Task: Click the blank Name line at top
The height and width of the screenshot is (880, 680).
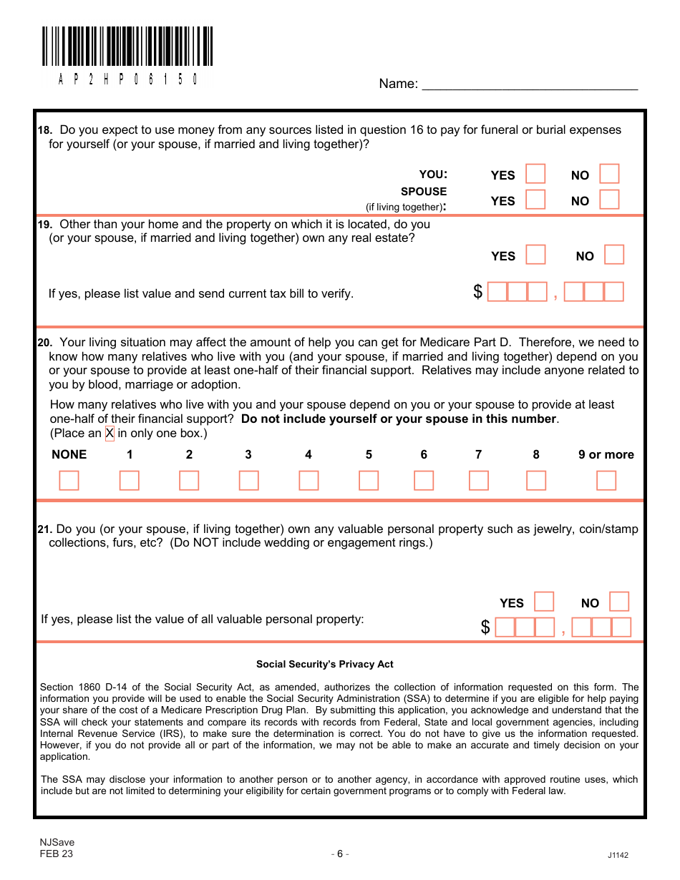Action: [530, 84]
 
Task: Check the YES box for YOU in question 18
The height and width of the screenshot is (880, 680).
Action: [535, 174]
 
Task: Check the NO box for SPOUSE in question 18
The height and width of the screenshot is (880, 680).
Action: [609, 200]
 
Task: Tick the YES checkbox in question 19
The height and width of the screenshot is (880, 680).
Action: [535, 255]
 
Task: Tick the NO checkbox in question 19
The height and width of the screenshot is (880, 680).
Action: [614, 255]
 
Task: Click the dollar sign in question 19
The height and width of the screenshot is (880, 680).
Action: [478, 292]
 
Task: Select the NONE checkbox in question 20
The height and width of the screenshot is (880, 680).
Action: [69, 480]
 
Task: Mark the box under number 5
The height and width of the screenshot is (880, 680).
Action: [369, 480]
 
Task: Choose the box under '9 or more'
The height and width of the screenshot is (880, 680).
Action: [606, 480]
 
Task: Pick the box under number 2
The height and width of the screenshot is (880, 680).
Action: [189, 480]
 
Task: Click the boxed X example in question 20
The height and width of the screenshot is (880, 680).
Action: [110, 434]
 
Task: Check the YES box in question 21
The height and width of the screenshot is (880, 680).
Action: [544, 602]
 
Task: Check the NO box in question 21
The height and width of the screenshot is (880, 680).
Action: [619, 602]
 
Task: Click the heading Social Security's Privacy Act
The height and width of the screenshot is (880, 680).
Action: [325, 664]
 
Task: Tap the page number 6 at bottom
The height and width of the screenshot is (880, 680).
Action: [340, 853]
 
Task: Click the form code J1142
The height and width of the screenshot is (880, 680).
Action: [618, 855]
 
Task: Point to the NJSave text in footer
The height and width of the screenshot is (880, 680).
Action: [57, 842]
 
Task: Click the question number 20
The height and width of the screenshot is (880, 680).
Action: [44, 343]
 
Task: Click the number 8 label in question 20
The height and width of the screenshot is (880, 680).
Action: [536, 454]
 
